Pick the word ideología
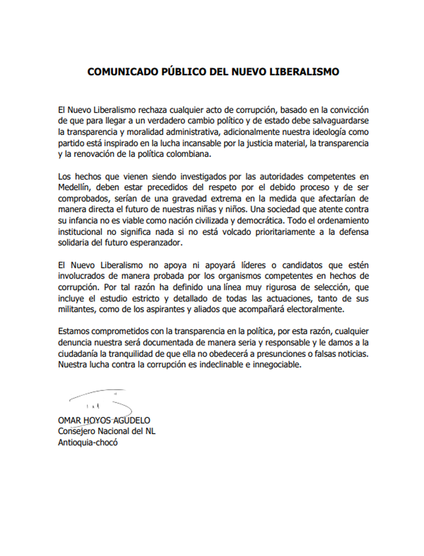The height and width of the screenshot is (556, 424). tap(330, 132)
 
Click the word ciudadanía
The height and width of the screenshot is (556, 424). tap(77, 354)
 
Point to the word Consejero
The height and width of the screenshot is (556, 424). tap(76, 431)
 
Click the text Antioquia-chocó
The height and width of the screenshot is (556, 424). tap(88, 442)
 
